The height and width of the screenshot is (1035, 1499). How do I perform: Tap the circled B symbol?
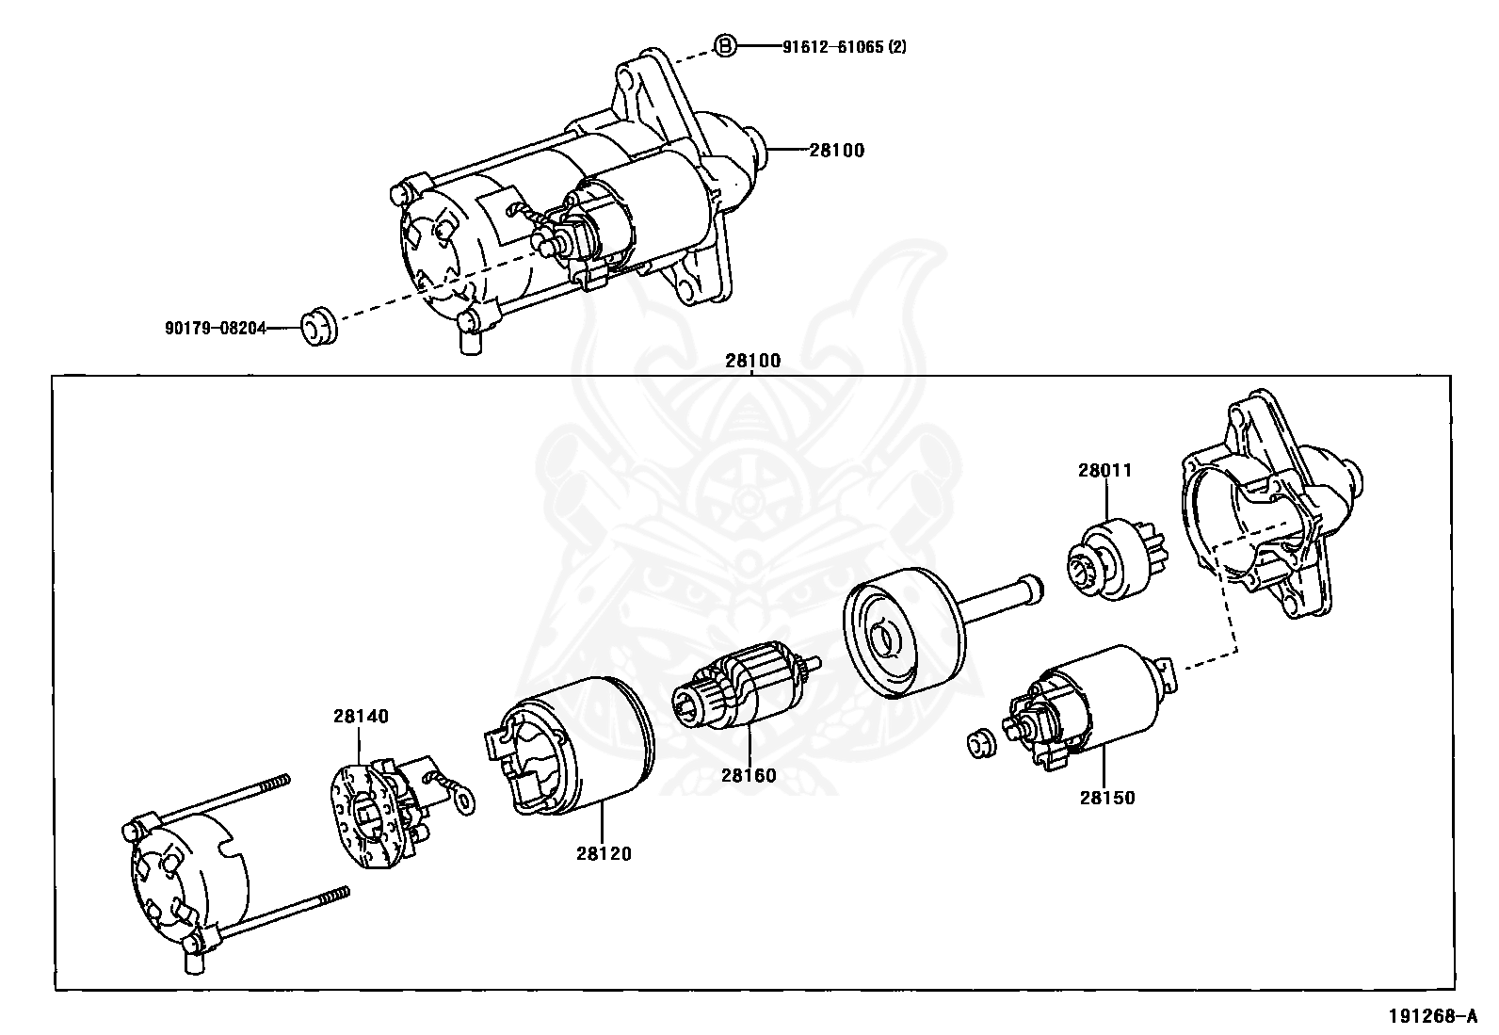tap(724, 45)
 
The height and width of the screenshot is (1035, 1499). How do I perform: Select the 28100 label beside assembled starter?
tap(836, 150)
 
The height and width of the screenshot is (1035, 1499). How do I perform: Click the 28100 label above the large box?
tap(752, 360)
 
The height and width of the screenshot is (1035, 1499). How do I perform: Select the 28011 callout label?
tap(1105, 470)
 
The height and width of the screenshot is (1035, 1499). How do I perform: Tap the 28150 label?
tap(1107, 798)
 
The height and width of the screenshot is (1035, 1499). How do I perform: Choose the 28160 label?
tap(749, 775)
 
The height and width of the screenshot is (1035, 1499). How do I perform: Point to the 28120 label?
tap(604, 853)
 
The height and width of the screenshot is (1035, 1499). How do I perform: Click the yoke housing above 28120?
tap(574, 744)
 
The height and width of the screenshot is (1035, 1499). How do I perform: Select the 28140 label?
tap(360, 716)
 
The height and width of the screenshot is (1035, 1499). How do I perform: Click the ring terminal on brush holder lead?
tap(462, 801)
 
